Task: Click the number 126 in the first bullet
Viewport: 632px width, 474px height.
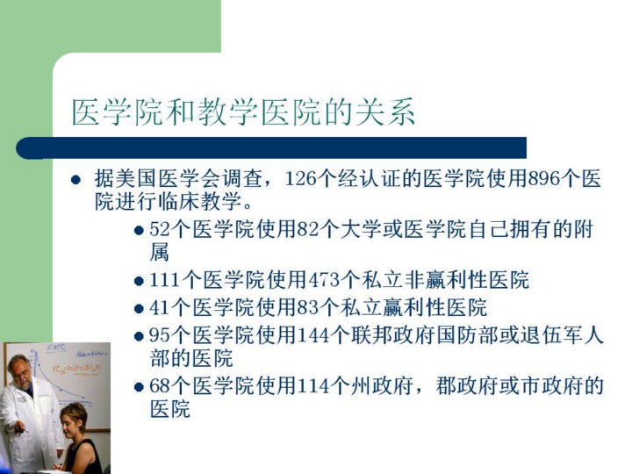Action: click(300, 178)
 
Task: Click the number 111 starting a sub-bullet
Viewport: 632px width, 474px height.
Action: click(165, 280)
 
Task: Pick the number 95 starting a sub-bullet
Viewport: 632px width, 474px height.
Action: click(160, 335)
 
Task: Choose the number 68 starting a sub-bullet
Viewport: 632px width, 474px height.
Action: click(160, 386)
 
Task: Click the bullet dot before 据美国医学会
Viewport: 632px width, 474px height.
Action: click(75, 179)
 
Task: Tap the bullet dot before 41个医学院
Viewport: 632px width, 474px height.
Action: click(139, 309)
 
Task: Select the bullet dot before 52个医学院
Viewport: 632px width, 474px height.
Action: click(139, 231)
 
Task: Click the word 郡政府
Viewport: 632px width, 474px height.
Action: click(467, 386)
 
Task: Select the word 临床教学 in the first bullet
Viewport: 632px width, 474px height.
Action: click(199, 201)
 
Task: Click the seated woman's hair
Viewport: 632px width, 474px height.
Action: click(74, 414)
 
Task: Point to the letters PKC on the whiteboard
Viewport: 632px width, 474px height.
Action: click(56, 348)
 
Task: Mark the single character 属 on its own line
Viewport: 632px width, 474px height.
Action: click(160, 252)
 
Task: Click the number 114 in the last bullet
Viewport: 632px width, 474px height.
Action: click(313, 386)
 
